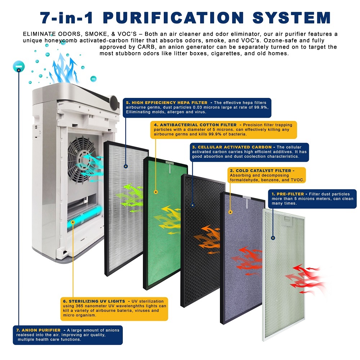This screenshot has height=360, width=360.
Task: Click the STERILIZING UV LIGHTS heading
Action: [94, 301]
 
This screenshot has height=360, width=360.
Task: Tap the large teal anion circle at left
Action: [18, 66]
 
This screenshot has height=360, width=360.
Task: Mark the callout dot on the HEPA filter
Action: [126, 166]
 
